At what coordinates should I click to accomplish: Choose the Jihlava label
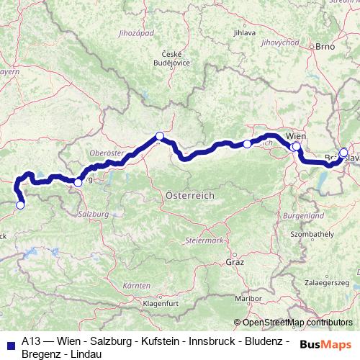pos(246,32)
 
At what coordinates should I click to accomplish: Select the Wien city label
pos(296,135)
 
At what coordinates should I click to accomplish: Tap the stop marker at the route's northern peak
pos(160,136)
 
